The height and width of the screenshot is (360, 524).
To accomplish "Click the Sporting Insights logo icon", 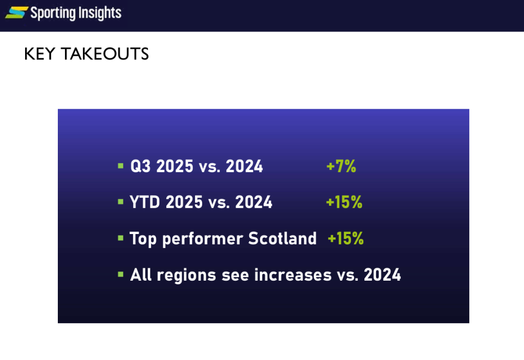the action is (17, 13).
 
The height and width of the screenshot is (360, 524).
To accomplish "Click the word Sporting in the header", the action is (53, 13).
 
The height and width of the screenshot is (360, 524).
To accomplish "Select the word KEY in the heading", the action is (39, 54).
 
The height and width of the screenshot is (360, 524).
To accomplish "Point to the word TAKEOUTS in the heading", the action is (105, 54).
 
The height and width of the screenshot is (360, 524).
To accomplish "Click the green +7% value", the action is (341, 166).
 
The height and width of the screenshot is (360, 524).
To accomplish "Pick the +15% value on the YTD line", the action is (344, 202).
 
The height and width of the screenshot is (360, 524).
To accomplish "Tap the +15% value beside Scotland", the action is (345, 239).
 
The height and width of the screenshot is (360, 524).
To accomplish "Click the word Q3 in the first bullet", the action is (141, 166).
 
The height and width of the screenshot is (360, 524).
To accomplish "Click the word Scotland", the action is (282, 238).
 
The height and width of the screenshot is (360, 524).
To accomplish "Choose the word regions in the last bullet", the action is (186, 276).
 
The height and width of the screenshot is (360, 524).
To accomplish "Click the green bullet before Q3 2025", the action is (121, 166).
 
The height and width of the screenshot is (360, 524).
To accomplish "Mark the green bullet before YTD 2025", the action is (121, 202).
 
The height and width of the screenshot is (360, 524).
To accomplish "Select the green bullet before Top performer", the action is (121, 238).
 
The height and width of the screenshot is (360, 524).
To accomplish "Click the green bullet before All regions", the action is (121, 274).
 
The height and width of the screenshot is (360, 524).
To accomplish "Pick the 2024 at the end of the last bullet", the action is (382, 275).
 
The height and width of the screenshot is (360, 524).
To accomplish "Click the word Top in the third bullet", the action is (143, 239).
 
